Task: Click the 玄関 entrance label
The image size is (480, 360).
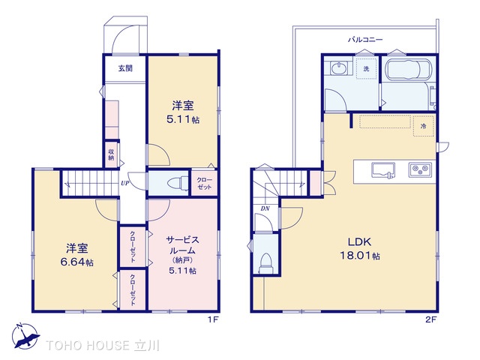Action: [x=125, y=68]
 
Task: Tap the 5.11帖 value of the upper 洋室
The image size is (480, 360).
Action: [x=183, y=119]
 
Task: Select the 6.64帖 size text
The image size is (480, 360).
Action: [x=77, y=262]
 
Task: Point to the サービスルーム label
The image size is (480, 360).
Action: [x=183, y=245]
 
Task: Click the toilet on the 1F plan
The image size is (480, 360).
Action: [x=178, y=183]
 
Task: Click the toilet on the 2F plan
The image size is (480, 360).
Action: [x=265, y=263]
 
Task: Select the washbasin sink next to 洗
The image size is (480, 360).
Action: [x=339, y=67]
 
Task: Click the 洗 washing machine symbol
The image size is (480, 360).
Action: [x=366, y=68]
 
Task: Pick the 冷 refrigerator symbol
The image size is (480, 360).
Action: [x=423, y=126]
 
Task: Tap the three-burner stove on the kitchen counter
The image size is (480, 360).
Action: [x=420, y=169]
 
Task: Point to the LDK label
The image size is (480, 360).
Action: [x=359, y=241]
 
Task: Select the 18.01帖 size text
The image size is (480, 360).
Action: [x=360, y=255]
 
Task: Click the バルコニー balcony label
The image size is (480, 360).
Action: [x=365, y=40]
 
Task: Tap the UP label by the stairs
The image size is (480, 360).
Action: [x=125, y=183]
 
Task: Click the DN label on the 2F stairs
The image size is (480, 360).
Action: [x=265, y=208]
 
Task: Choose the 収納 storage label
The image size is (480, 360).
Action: [x=111, y=154]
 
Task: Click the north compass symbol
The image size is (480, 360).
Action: [x=25, y=336]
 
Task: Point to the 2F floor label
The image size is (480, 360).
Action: [x=430, y=320]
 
